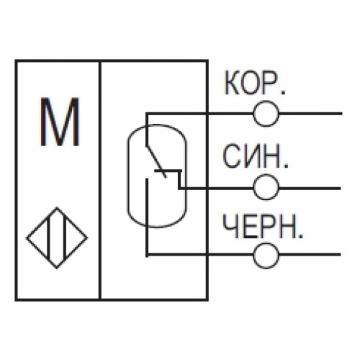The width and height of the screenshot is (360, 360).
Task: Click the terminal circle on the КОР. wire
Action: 266,113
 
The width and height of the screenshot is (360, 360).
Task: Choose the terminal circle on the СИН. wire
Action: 266,186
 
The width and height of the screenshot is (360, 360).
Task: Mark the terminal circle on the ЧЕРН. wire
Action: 266,254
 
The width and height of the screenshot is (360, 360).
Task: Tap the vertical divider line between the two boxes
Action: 99,180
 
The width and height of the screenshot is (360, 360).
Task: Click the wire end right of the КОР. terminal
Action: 338,113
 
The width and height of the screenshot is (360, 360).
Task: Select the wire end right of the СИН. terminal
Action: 338,186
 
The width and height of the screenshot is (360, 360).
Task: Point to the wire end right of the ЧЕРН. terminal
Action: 338,254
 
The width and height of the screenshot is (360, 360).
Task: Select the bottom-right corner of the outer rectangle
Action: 207,299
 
